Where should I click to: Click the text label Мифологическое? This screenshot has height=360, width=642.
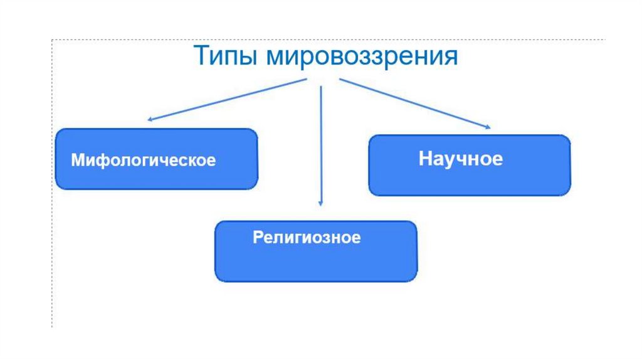tap(143, 160)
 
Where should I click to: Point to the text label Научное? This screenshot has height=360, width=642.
tap(460, 158)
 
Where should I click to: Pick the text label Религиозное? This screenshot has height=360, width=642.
tap(307, 238)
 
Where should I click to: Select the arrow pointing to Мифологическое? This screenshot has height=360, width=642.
tap(226, 99)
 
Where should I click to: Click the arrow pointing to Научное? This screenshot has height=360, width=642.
tap(414, 103)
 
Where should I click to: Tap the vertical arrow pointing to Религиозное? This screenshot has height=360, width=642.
tap(320, 144)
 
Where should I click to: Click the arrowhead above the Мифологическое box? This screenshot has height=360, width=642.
tap(150, 119)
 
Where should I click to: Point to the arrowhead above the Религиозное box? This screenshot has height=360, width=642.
tap(320, 203)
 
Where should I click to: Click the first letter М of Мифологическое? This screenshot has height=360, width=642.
tap(77, 160)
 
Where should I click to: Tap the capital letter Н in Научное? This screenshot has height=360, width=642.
tap(424, 158)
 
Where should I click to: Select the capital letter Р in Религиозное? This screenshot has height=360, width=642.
tap(257, 238)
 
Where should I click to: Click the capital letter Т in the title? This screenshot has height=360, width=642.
tap(201, 56)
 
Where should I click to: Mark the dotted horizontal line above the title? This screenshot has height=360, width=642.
tap(313, 40)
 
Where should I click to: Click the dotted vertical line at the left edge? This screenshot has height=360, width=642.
tap(52, 188)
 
